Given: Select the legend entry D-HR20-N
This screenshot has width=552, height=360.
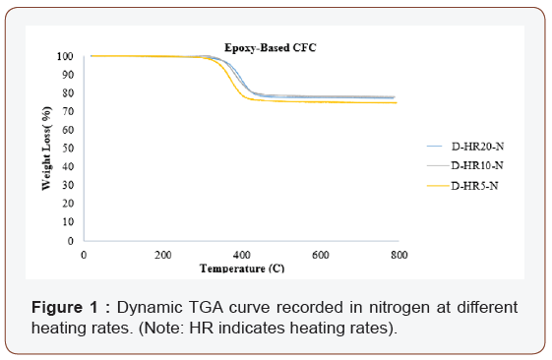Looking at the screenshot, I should [476, 147].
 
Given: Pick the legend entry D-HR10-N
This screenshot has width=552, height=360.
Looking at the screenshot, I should [476, 164].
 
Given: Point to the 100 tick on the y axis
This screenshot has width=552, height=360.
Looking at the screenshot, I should [64, 56].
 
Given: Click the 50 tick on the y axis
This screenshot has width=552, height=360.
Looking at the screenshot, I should [67, 149].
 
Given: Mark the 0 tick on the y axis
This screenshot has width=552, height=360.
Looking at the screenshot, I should [70, 241].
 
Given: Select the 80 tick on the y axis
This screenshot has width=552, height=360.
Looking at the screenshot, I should [67, 93].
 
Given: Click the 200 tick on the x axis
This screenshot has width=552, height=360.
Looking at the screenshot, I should [162, 255].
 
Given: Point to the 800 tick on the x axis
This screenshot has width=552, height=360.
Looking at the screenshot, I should [399, 255].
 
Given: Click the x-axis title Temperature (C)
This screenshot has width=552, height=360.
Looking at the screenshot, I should [241, 268].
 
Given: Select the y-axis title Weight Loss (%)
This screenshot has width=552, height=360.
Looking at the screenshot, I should [45, 148].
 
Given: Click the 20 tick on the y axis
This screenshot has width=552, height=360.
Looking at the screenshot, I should [67, 204].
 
